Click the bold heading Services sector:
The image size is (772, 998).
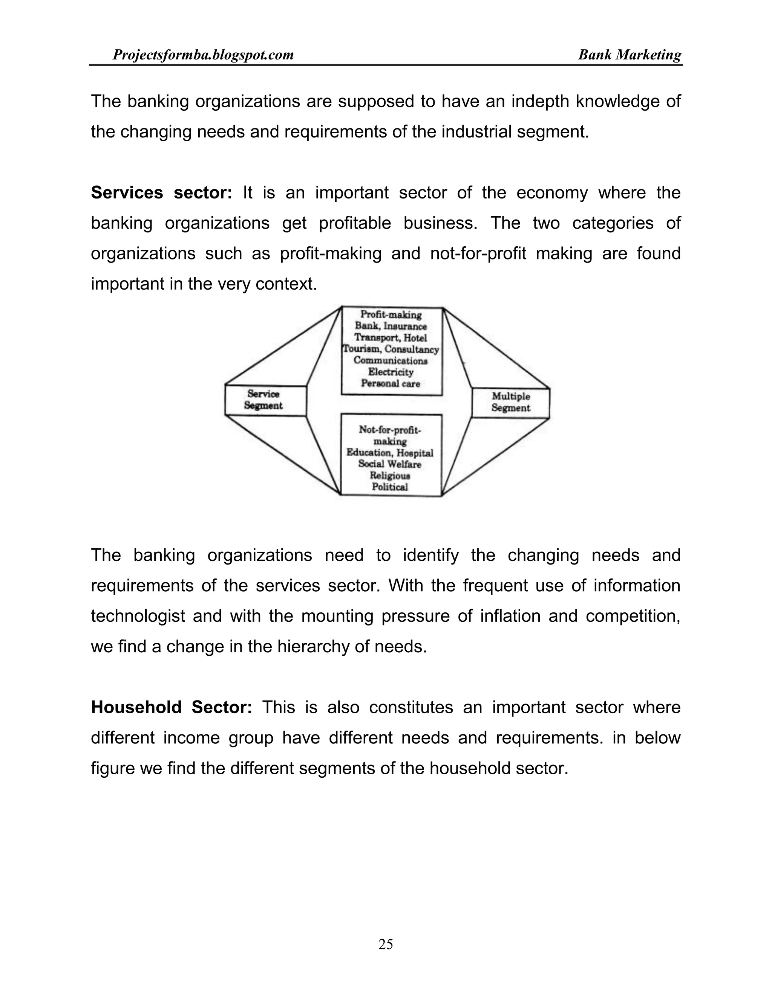161,193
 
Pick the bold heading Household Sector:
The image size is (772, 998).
171,707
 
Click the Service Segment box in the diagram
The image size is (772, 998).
264,400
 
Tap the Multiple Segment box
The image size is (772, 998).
510,403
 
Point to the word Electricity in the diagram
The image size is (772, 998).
391,372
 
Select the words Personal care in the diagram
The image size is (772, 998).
391,383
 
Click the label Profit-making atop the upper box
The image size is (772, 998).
391,314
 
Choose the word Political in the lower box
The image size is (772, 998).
390,487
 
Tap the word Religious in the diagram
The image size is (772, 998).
390,476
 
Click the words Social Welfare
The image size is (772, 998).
390,464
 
